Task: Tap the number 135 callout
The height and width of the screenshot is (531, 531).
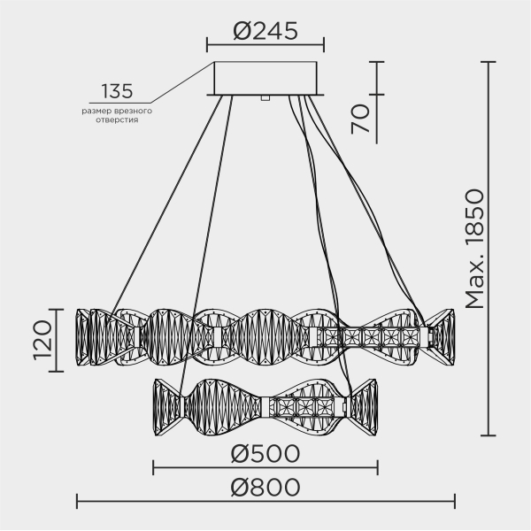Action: (116, 90)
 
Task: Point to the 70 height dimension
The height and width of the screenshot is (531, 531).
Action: (360, 117)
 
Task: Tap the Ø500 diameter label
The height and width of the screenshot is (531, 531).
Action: (265, 453)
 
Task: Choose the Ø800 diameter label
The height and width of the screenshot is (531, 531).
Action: (265, 488)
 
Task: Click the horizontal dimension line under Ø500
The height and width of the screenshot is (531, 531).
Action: (265, 467)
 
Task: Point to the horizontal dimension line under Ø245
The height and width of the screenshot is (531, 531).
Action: (265, 45)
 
